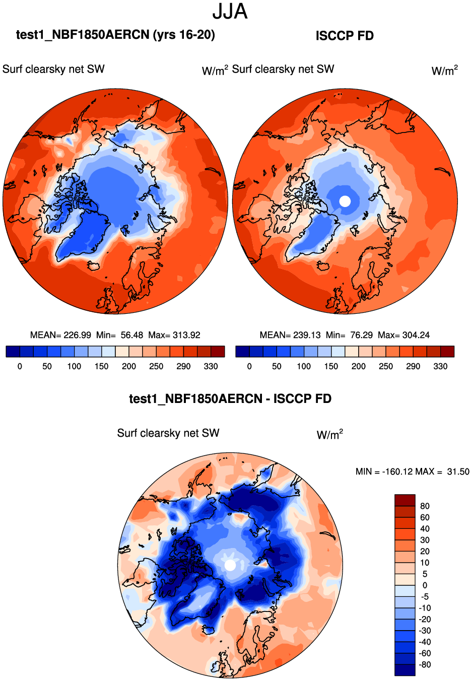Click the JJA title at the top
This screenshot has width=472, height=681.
pyautogui.click(x=230, y=12)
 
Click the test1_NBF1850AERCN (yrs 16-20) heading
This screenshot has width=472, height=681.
pyautogui.click(x=115, y=35)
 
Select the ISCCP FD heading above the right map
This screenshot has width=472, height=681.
pyautogui.click(x=345, y=36)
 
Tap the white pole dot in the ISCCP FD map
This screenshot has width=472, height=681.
pyautogui.click(x=345, y=201)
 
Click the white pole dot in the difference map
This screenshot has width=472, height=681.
pyautogui.click(x=230, y=565)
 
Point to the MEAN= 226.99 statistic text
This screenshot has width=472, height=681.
pyautogui.click(x=60, y=335)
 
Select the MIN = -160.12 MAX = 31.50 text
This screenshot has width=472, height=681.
pyautogui.click(x=412, y=471)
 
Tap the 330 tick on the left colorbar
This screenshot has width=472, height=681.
pyautogui.click(x=211, y=366)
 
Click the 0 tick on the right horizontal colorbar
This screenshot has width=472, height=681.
pyautogui.click(x=249, y=366)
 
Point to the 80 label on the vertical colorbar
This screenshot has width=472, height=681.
pyautogui.click(x=425, y=506)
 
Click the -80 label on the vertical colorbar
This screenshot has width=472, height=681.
pyautogui.click(x=424, y=664)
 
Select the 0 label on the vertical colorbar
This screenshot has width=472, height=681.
pyautogui.click(x=425, y=585)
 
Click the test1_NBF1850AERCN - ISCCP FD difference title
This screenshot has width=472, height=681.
pyautogui.click(x=230, y=399)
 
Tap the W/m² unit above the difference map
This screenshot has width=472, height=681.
pyautogui.click(x=329, y=434)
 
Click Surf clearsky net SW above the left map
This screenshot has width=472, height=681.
pyautogui.click(x=53, y=69)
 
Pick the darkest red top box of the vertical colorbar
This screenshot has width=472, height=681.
pyautogui.click(x=405, y=500)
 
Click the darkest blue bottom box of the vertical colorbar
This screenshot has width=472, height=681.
pyautogui.click(x=405, y=670)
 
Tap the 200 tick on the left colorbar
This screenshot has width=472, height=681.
pyautogui.click(x=129, y=366)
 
